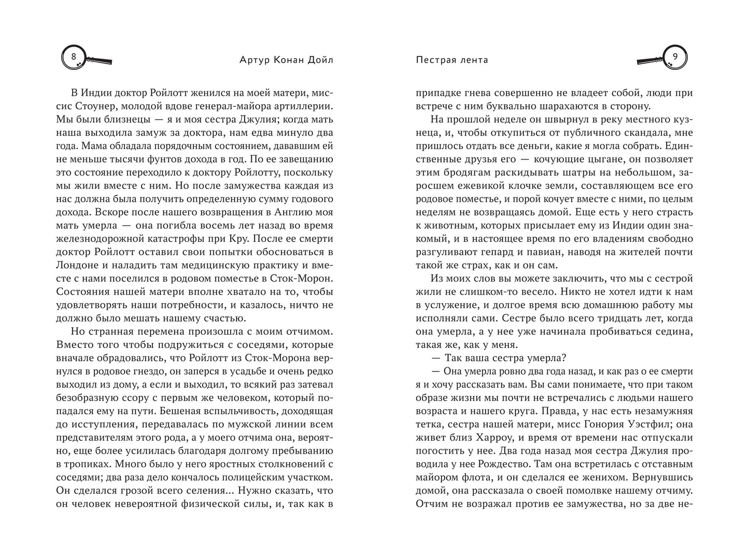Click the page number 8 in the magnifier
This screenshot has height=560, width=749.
coord(73,55)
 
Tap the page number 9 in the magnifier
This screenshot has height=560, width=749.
coord(675,56)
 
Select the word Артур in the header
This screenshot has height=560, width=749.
coord(242,60)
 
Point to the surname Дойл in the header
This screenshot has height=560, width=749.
coord(319,60)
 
